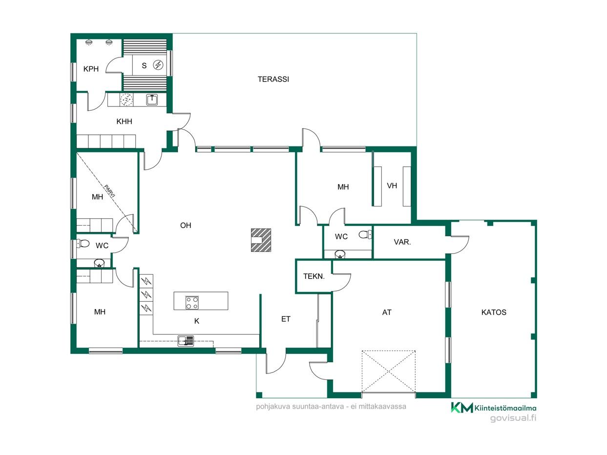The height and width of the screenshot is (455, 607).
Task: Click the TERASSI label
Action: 273,80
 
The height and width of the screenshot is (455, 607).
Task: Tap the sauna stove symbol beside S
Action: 158,65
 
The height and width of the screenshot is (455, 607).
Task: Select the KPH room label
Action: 91,69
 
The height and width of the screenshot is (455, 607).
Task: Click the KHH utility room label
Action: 124,122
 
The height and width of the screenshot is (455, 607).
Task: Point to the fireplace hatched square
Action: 261,240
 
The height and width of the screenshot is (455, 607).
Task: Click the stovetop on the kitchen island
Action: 192,302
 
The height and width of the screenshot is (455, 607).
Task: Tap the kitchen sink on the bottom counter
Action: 186,341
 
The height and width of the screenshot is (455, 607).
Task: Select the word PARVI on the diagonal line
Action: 109,191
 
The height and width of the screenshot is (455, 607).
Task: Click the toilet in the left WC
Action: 83,244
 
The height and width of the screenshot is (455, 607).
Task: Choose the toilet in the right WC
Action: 365,234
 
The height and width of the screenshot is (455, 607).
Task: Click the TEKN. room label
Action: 314,276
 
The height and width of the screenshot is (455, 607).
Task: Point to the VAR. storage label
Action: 402,242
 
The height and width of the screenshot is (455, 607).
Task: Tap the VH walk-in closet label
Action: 392,186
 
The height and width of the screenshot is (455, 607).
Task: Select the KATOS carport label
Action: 494,312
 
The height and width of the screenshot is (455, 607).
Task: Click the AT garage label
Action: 387,312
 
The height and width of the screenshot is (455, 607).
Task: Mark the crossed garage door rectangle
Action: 389,371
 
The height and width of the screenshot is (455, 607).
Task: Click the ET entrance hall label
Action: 286,319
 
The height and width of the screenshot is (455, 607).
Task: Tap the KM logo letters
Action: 462,408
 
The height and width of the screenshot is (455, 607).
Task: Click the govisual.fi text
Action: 513,418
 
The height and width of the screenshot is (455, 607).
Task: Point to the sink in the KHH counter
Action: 152,100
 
